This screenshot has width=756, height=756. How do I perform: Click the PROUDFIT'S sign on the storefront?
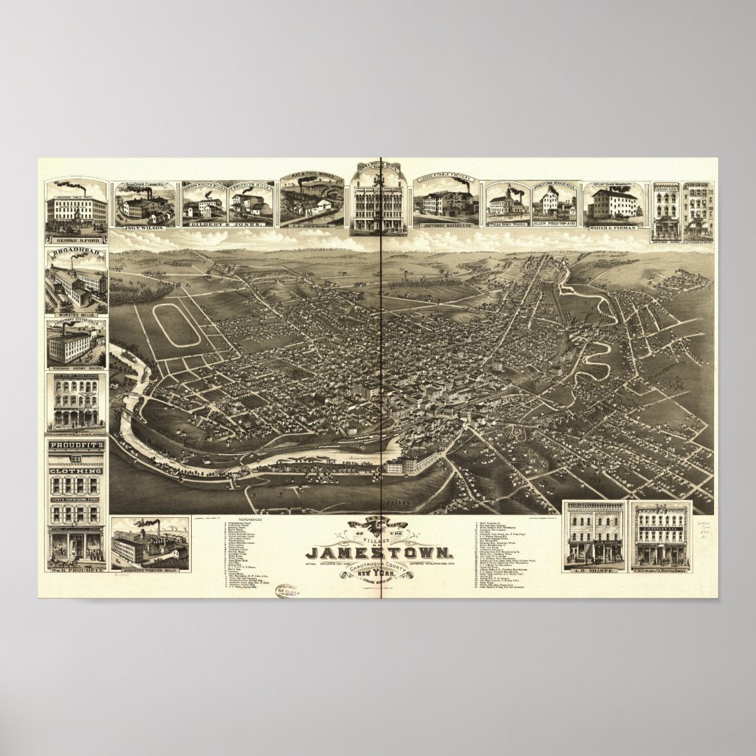76,446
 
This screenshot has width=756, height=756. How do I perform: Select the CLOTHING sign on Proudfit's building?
76,471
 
